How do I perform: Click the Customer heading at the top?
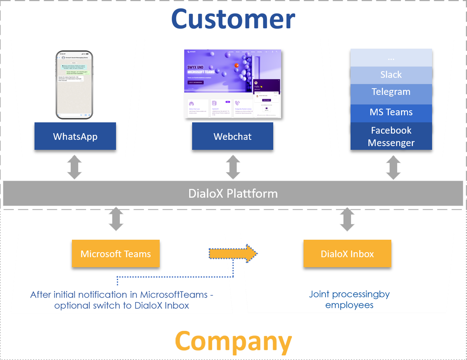click(x=233, y=19)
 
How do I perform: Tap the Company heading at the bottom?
click(x=233, y=342)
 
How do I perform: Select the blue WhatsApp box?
click(x=75, y=136)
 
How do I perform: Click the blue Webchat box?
click(x=232, y=136)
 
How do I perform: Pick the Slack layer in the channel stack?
click(x=391, y=75)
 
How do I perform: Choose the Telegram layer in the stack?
click(x=391, y=92)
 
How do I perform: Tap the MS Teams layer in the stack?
click(x=391, y=112)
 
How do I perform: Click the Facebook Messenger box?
click(x=391, y=136)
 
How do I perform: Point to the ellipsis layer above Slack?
click(x=391, y=57)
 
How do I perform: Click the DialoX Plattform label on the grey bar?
click(x=233, y=193)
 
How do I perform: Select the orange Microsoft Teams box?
click(x=116, y=254)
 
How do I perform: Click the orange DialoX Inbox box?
click(x=347, y=254)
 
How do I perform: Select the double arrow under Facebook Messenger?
click(x=393, y=169)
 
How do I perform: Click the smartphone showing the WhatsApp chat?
click(x=74, y=84)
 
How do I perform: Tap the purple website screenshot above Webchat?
click(x=232, y=84)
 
